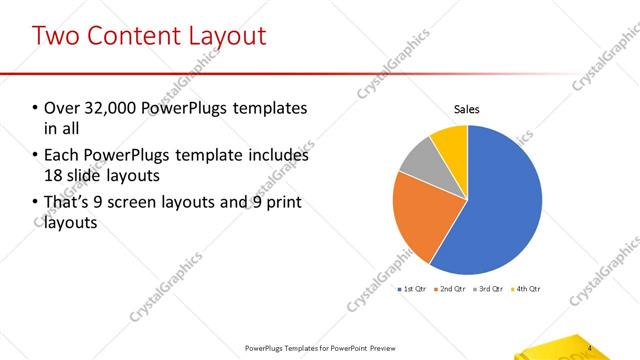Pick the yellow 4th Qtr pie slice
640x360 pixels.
[x=451, y=141]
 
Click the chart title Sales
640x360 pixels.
[x=468, y=109]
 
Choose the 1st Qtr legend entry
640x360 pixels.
[x=412, y=289]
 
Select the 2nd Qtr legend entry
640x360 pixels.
[x=452, y=289]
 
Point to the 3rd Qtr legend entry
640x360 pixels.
[x=491, y=289]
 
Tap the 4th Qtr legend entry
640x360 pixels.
[x=528, y=289]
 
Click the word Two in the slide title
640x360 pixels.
[x=57, y=36]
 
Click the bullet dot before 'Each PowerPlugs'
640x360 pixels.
[x=36, y=156]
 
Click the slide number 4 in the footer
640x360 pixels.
[x=590, y=348]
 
